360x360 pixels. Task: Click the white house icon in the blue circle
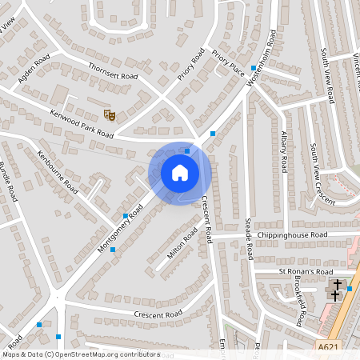(179, 173)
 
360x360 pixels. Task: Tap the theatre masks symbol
(111, 115)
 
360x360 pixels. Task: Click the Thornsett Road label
(113, 70)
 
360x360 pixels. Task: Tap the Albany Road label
(284, 152)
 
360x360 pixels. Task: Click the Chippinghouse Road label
(292, 235)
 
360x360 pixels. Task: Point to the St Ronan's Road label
(305, 272)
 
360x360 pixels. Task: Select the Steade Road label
(249, 239)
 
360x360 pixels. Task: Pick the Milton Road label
(182, 244)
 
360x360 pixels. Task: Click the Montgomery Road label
(120, 227)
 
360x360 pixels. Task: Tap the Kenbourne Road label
(58, 172)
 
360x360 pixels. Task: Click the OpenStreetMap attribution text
(80, 354)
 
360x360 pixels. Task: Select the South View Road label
(326, 74)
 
